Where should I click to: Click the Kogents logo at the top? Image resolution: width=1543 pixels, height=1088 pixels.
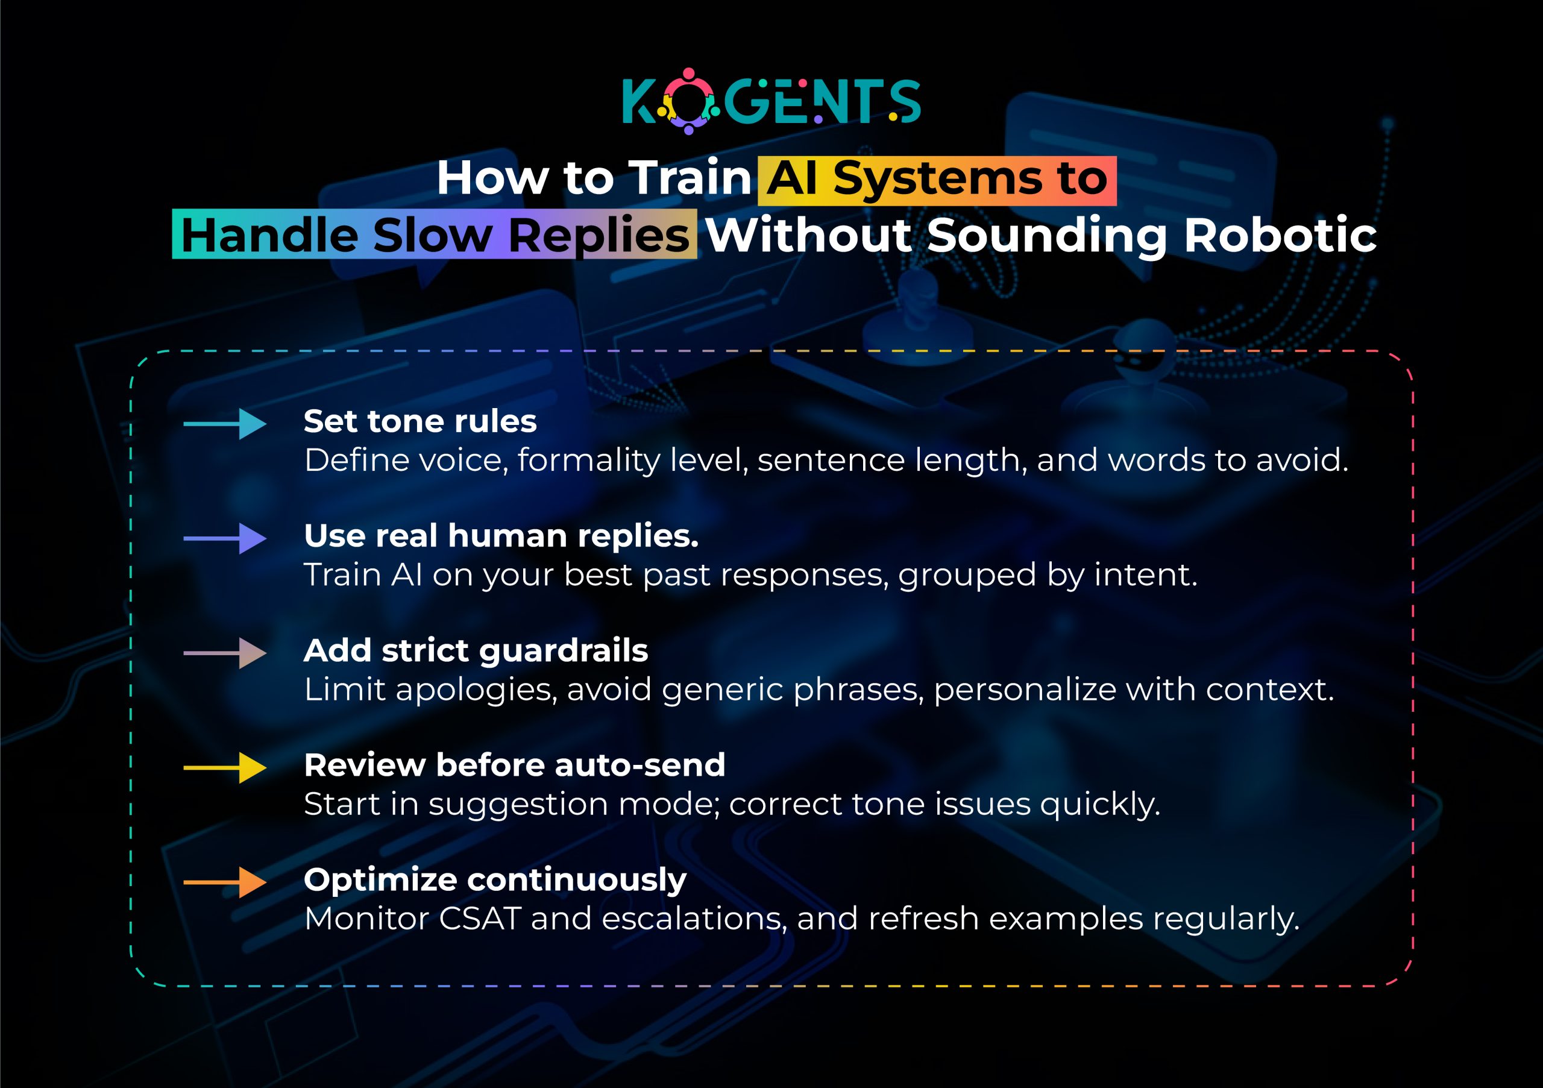(x=771, y=101)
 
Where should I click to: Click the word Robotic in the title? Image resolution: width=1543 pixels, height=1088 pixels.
(x=1280, y=235)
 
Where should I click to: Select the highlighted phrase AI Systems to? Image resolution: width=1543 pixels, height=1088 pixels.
(x=937, y=180)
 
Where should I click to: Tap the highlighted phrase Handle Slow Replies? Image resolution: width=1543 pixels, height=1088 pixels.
(x=435, y=235)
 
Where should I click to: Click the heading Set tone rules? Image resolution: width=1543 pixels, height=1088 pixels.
(x=420, y=421)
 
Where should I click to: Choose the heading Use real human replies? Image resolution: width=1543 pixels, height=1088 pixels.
(x=501, y=536)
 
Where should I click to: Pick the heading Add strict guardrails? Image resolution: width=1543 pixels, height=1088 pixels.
(x=476, y=650)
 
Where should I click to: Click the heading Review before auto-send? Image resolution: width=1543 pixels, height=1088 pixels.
(x=514, y=766)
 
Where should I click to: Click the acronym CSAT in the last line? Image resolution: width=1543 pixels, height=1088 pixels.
(x=480, y=919)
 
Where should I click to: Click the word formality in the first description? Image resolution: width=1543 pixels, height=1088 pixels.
(x=589, y=461)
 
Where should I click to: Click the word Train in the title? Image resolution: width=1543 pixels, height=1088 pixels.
(x=689, y=178)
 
